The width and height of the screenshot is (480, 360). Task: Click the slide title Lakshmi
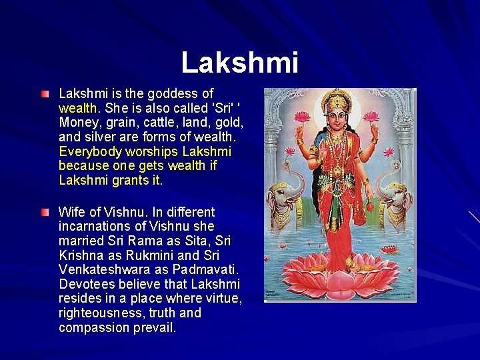(x=239, y=63)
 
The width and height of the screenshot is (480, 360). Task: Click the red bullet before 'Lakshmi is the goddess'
(x=44, y=94)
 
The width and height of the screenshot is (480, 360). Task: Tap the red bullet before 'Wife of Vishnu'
(x=44, y=213)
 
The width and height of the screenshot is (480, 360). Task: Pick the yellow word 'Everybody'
(x=87, y=151)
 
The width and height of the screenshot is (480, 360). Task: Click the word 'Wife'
(x=71, y=213)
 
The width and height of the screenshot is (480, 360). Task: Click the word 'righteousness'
(x=100, y=313)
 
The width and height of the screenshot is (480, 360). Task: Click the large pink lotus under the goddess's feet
(x=340, y=273)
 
